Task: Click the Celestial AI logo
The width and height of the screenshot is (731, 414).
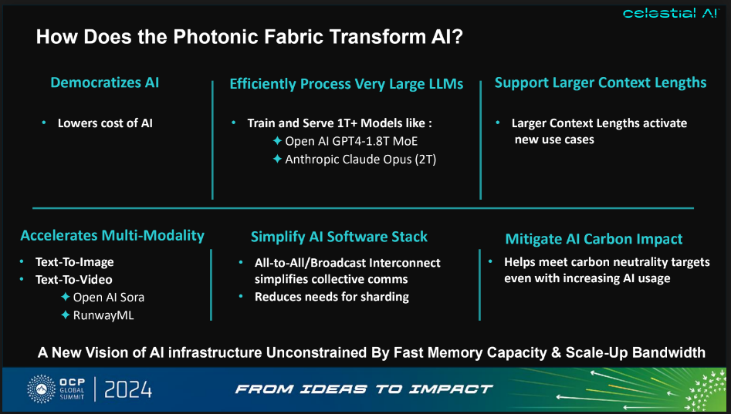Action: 670,12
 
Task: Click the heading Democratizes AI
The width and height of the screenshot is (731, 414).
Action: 105,82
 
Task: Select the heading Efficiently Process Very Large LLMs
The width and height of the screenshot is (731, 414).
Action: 347,84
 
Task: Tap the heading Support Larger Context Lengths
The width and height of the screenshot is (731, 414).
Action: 601,82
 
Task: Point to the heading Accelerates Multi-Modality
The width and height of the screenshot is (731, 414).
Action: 112,235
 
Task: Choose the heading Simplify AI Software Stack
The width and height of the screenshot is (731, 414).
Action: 339,237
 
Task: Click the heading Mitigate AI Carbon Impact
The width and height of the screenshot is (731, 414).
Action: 594,239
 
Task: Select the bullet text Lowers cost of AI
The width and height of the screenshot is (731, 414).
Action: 106,123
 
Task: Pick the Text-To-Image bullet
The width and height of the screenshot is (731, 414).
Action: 73,261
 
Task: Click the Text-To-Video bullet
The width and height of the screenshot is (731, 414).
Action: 73,279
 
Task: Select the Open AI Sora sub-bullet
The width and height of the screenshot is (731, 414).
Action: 108,297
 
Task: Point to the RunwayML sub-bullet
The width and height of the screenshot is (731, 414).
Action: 103,315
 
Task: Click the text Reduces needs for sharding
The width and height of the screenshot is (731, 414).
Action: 332,297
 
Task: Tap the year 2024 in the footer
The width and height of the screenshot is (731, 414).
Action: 127,389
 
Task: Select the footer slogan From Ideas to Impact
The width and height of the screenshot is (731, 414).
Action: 364,389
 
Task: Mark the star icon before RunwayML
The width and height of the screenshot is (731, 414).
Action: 66,315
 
